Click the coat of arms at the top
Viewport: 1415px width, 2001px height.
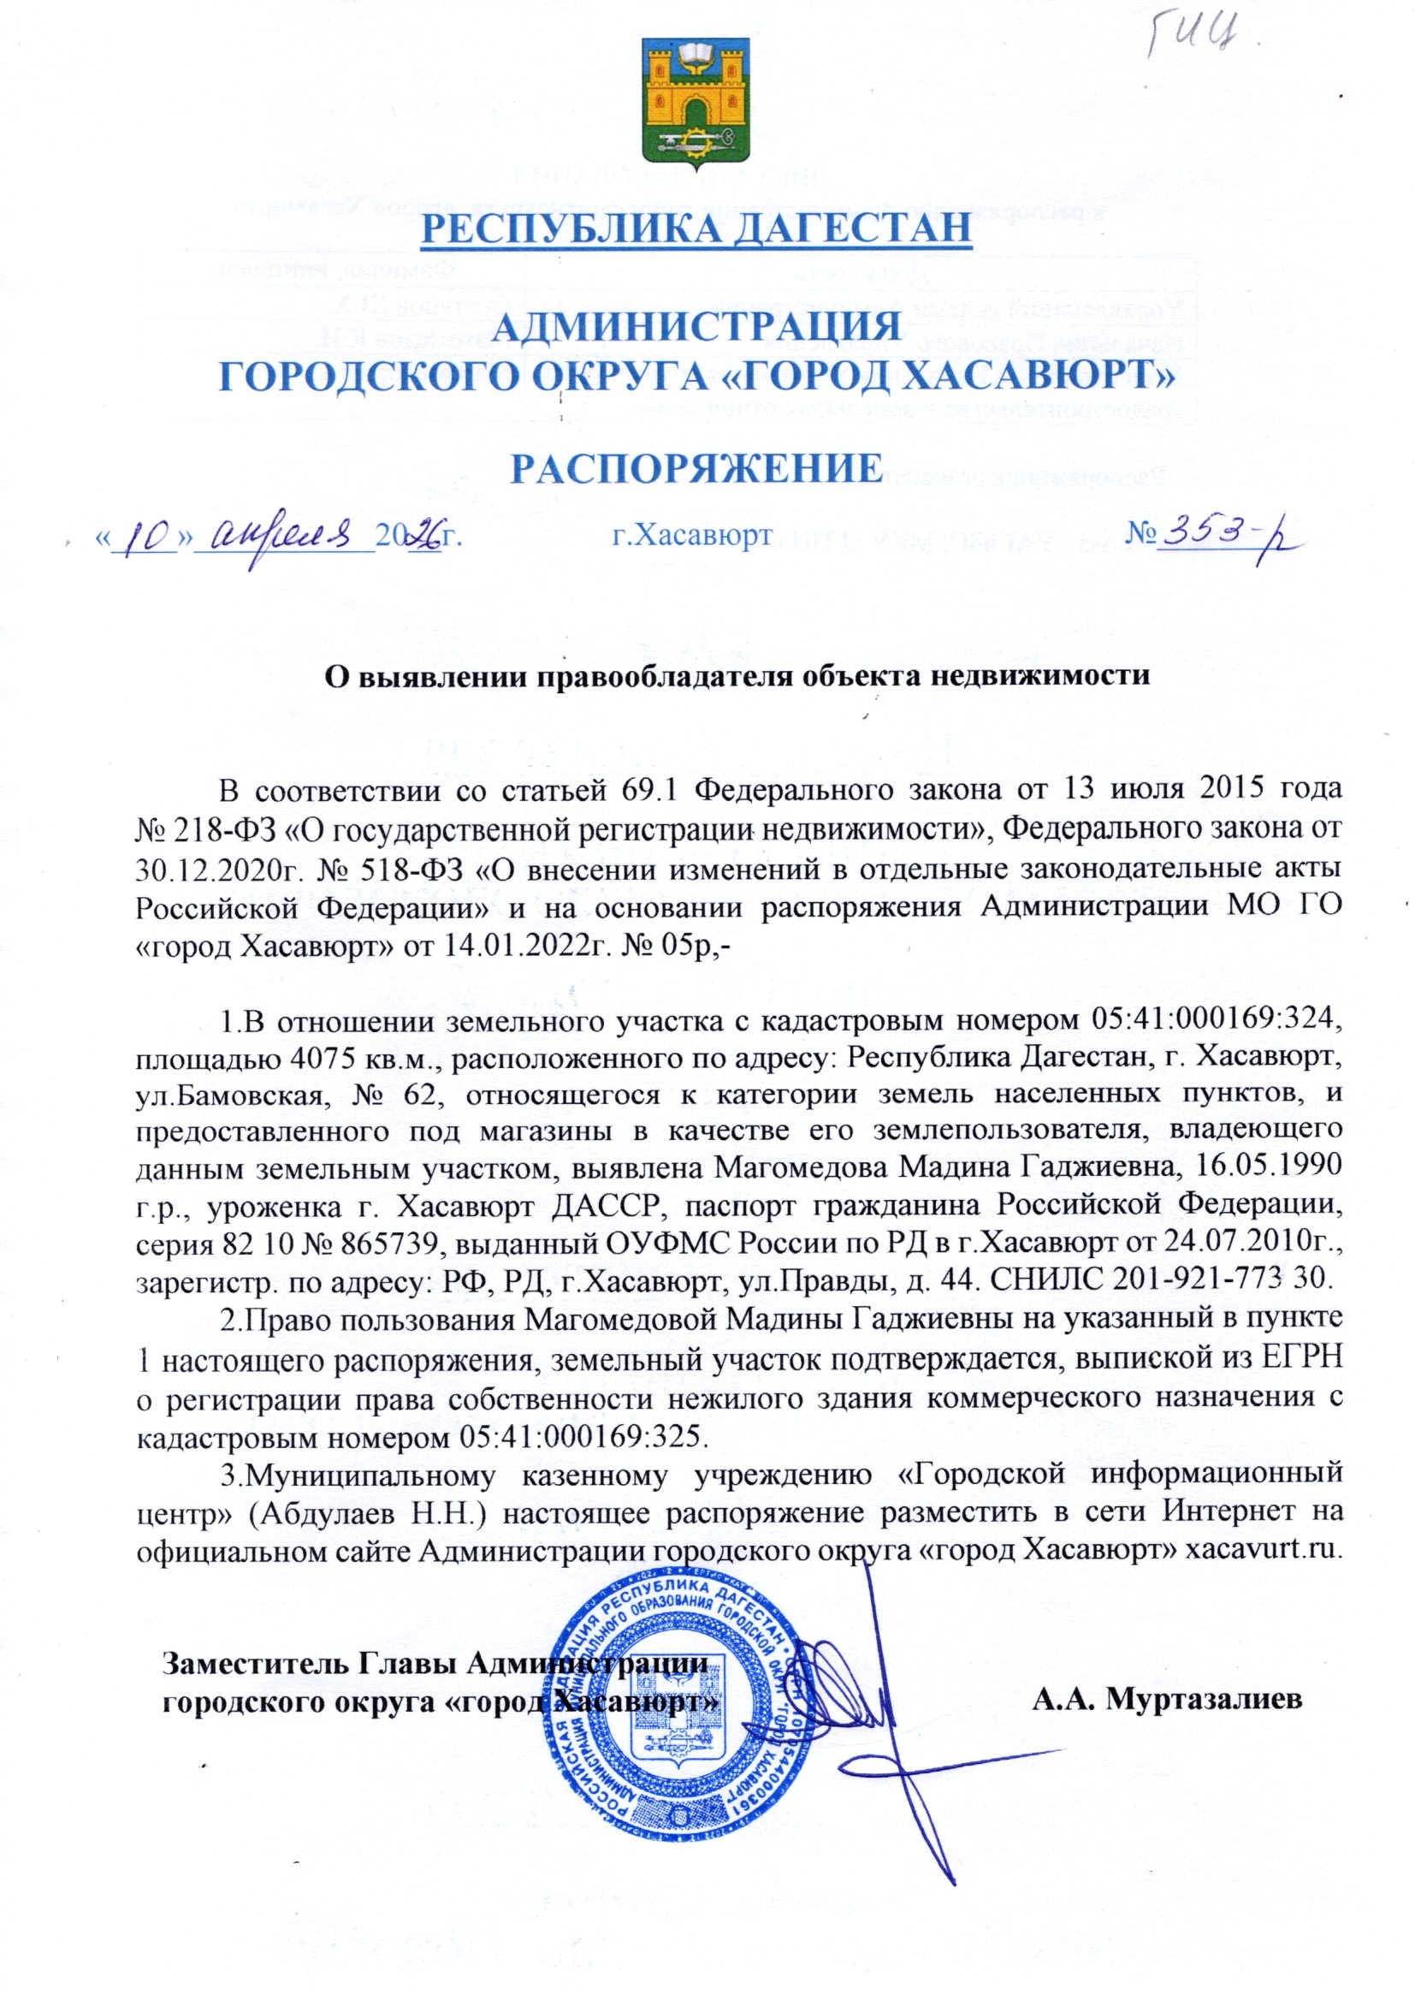[x=694, y=104]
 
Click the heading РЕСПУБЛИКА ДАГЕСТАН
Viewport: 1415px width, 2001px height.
[x=696, y=229]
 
